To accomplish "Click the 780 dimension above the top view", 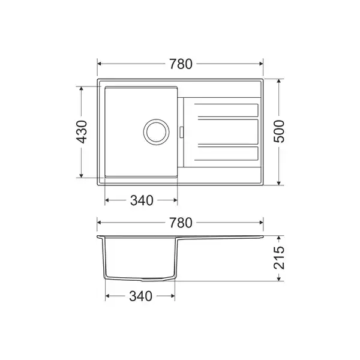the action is tap(181, 64).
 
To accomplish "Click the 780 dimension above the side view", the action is tap(181, 223).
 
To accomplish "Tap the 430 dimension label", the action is tap(82, 132).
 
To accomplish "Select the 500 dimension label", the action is tap(279, 131).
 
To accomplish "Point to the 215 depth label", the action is tap(279, 258).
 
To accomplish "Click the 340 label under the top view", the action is tap(142, 200).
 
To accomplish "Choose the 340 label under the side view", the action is tap(140, 296).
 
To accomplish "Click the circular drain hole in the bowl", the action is tap(157, 132).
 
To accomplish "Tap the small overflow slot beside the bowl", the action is tap(181, 132).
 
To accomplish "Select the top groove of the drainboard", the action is tap(226, 110).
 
